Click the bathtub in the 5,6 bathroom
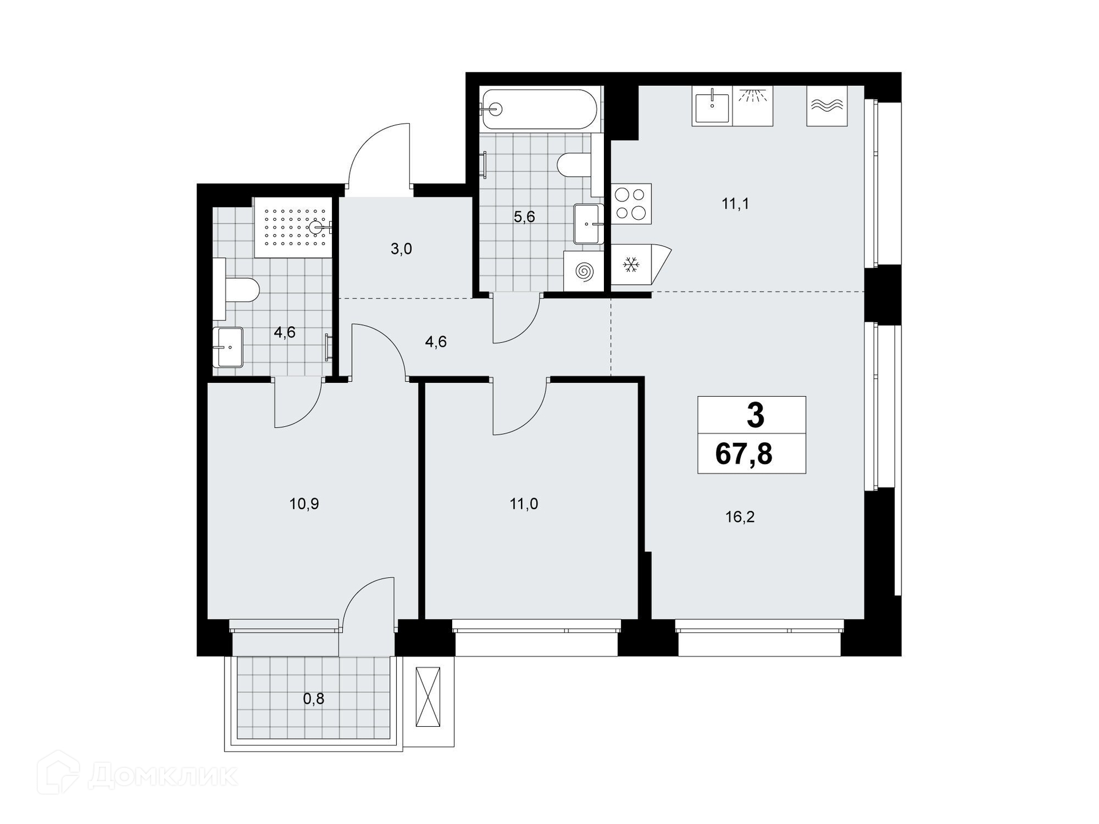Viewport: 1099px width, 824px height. pyautogui.click(x=540, y=109)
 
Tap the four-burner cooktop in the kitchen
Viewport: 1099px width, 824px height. pyautogui.click(x=631, y=204)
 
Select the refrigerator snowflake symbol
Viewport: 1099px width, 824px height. pyautogui.click(x=631, y=264)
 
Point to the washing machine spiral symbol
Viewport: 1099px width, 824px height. pyautogui.click(x=583, y=271)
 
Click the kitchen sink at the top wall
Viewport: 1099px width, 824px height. pyautogui.click(x=712, y=106)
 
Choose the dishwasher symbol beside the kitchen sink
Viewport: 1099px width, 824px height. pyautogui.click(x=753, y=106)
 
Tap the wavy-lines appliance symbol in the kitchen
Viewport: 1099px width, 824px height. pyautogui.click(x=827, y=106)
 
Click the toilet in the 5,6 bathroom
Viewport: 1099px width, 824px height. pyautogui.click(x=575, y=165)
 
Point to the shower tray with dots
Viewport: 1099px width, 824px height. pyautogui.click(x=293, y=228)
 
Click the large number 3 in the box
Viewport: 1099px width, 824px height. pyautogui.click(x=755, y=415)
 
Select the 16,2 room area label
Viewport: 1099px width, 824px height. pyautogui.click(x=740, y=517)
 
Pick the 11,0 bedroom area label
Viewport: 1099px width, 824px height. pyautogui.click(x=524, y=504)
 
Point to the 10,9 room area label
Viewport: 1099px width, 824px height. pyautogui.click(x=304, y=504)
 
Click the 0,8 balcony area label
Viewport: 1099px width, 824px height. pyautogui.click(x=314, y=699)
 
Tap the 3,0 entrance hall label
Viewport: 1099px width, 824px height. pyautogui.click(x=401, y=249)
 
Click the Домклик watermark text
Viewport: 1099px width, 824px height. pyautogui.click(x=163, y=777)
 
